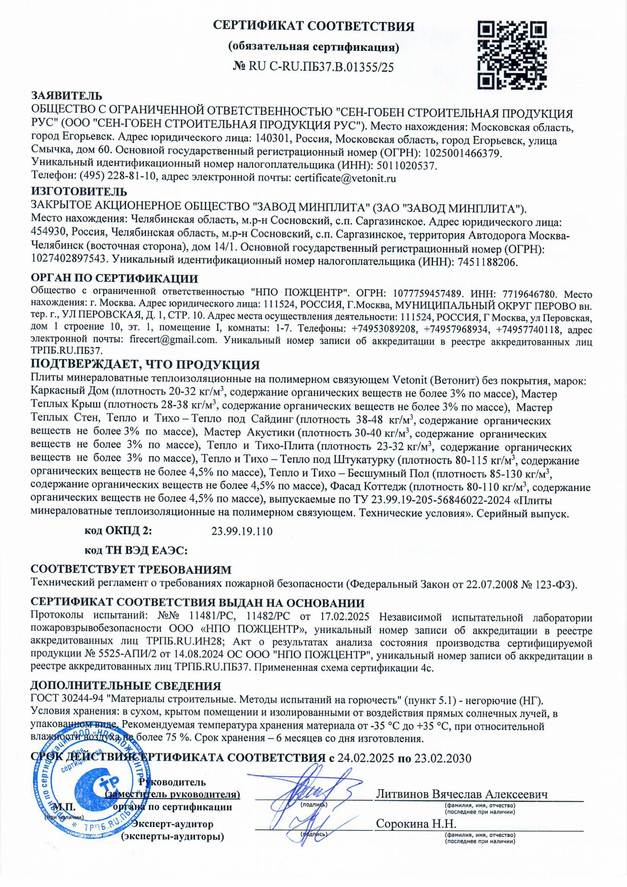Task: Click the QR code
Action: click(x=513, y=54)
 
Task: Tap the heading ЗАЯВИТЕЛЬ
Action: click(x=66, y=95)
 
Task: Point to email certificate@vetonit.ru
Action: click(x=345, y=179)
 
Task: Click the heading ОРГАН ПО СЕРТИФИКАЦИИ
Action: click(x=114, y=279)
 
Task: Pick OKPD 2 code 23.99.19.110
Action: click(x=242, y=531)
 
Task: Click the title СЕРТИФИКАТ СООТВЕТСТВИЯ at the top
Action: click(x=314, y=26)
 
